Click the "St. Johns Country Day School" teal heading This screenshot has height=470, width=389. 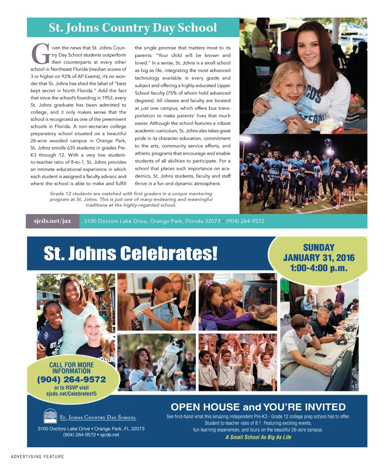click(133, 27)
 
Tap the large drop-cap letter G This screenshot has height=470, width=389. click(40, 54)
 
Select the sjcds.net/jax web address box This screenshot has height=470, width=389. click(52, 221)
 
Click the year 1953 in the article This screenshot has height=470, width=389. click(108, 98)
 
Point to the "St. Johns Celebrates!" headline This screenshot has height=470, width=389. click(131, 253)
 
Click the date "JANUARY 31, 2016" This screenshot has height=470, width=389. click(319, 258)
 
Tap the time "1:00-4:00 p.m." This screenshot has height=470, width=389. click(319, 268)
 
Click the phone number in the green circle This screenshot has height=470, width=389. click(71, 380)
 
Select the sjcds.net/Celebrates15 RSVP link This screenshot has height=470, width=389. click(71, 394)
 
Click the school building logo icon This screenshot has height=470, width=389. click(50, 416)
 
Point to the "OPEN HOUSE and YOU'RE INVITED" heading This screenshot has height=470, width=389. click(258, 407)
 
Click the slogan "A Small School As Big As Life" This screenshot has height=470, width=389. click(258, 437)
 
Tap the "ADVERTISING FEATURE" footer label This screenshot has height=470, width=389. click(37, 456)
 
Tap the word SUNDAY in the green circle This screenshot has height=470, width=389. click(319, 247)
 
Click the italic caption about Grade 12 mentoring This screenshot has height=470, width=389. click(131, 199)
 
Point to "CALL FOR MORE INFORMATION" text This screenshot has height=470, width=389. click(71, 368)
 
